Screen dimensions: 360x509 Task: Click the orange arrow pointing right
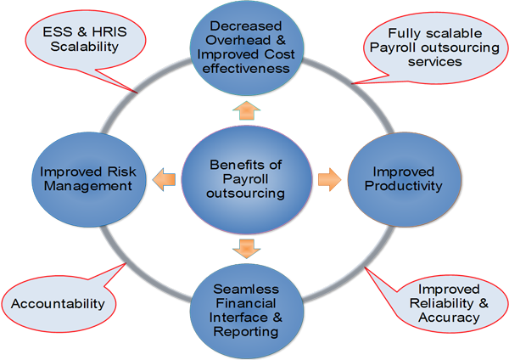(329, 179)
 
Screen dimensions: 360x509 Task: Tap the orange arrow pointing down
(246, 247)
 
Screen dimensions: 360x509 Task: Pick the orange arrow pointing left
(163, 179)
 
